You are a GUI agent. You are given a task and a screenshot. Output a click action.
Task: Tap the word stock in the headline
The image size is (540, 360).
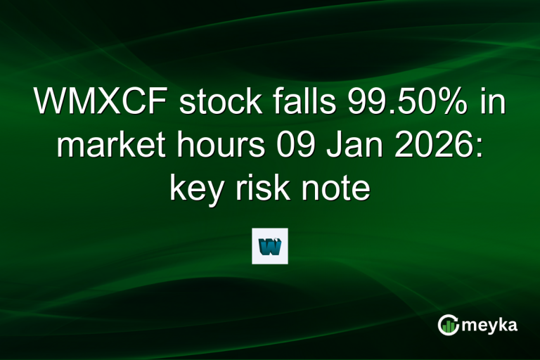click(210, 103)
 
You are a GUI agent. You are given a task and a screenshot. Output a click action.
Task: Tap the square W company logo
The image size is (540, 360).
click(270, 245)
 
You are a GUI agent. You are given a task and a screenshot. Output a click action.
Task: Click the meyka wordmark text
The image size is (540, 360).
click(489, 324)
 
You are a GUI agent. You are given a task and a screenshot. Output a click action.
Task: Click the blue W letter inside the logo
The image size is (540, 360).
click(270, 247)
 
